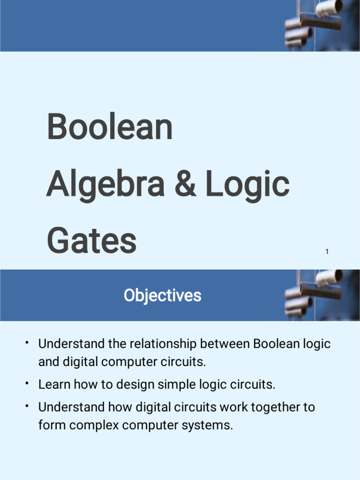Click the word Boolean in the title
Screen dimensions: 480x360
pyautogui.click(x=110, y=127)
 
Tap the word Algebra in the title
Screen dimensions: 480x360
pyautogui.click(x=105, y=185)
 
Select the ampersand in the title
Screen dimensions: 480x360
pyautogui.click(x=185, y=184)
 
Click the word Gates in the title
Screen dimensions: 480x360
pyautogui.click(x=91, y=241)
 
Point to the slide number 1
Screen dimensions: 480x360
pyautogui.click(x=327, y=252)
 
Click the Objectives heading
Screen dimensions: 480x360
pyautogui.click(x=162, y=295)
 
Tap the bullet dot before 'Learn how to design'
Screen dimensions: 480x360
pyautogui.click(x=28, y=383)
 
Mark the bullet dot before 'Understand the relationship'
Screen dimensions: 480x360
pyautogui.click(x=28, y=343)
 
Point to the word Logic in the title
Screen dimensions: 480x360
pyautogui.click(x=247, y=185)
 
